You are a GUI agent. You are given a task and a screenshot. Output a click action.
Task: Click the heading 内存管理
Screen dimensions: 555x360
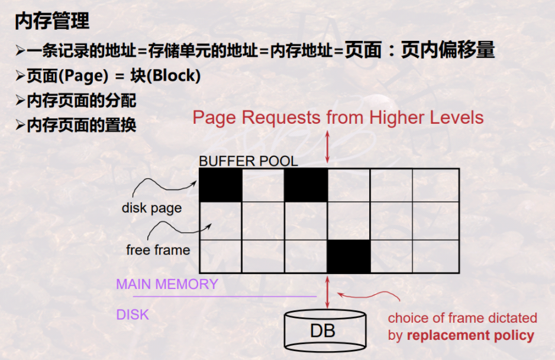coord(52,22)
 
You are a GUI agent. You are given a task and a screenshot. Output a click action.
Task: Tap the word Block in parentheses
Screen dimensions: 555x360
coord(175,76)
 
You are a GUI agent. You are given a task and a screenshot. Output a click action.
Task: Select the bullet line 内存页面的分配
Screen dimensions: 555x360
coord(82,101)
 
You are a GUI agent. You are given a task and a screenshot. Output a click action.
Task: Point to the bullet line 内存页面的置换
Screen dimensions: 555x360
coord(82,125)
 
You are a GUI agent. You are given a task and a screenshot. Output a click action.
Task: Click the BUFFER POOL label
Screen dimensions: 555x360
coord(249,161)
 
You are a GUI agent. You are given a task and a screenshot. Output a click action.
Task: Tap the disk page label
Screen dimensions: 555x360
coord(151,208)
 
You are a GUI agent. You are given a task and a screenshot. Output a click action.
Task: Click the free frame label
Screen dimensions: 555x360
coord(158,250)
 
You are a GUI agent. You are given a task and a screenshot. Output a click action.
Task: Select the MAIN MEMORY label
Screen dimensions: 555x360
coord(167,284)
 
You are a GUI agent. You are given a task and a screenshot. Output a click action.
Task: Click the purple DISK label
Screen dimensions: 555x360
coord(133,314)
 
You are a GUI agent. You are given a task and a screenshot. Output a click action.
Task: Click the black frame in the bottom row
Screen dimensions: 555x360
coord(349,256)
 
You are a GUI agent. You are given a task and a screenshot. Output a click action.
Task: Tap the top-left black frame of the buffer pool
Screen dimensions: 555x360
coord(220,185)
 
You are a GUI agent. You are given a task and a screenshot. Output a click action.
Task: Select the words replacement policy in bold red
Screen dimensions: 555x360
coord(470,336)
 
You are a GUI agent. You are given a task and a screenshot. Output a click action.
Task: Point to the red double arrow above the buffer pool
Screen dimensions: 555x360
coord(328,146)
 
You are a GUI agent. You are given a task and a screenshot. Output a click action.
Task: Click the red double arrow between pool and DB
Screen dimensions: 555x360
coord(328,291)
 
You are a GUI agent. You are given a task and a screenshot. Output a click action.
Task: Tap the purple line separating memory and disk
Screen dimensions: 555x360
coord(225,296)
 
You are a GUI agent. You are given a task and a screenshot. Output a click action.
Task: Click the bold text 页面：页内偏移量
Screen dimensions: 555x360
coord(420,51)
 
